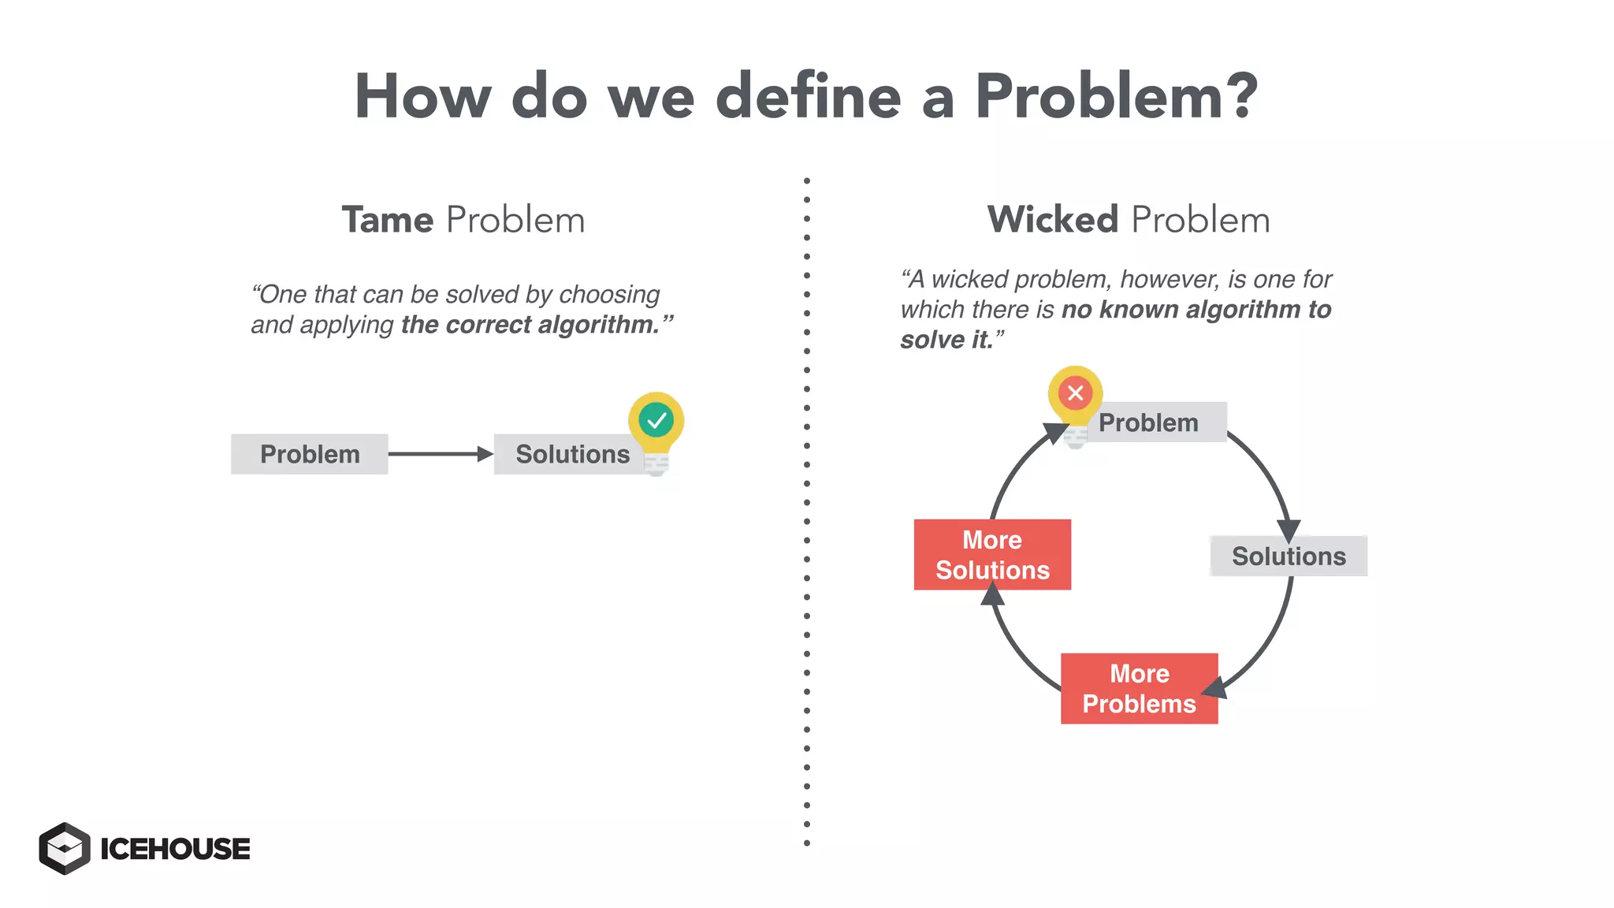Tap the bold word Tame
pos(387,220)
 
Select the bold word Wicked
pos(1052,220)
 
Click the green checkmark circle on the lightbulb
pos(656,420)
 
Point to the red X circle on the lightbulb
pos(1075,393)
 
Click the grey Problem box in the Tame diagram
pos(310,454)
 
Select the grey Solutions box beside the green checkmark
pos(572,454)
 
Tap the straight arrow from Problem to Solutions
pos(440,454)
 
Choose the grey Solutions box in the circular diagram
pos(1289,556)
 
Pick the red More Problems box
pos(1139,688)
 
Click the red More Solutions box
pos(992,554)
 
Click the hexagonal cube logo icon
pos(65,848)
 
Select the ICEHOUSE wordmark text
pos(175,849)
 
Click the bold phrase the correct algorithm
pos(530,325)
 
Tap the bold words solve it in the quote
pos(946,340)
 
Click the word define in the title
pos(808,97)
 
